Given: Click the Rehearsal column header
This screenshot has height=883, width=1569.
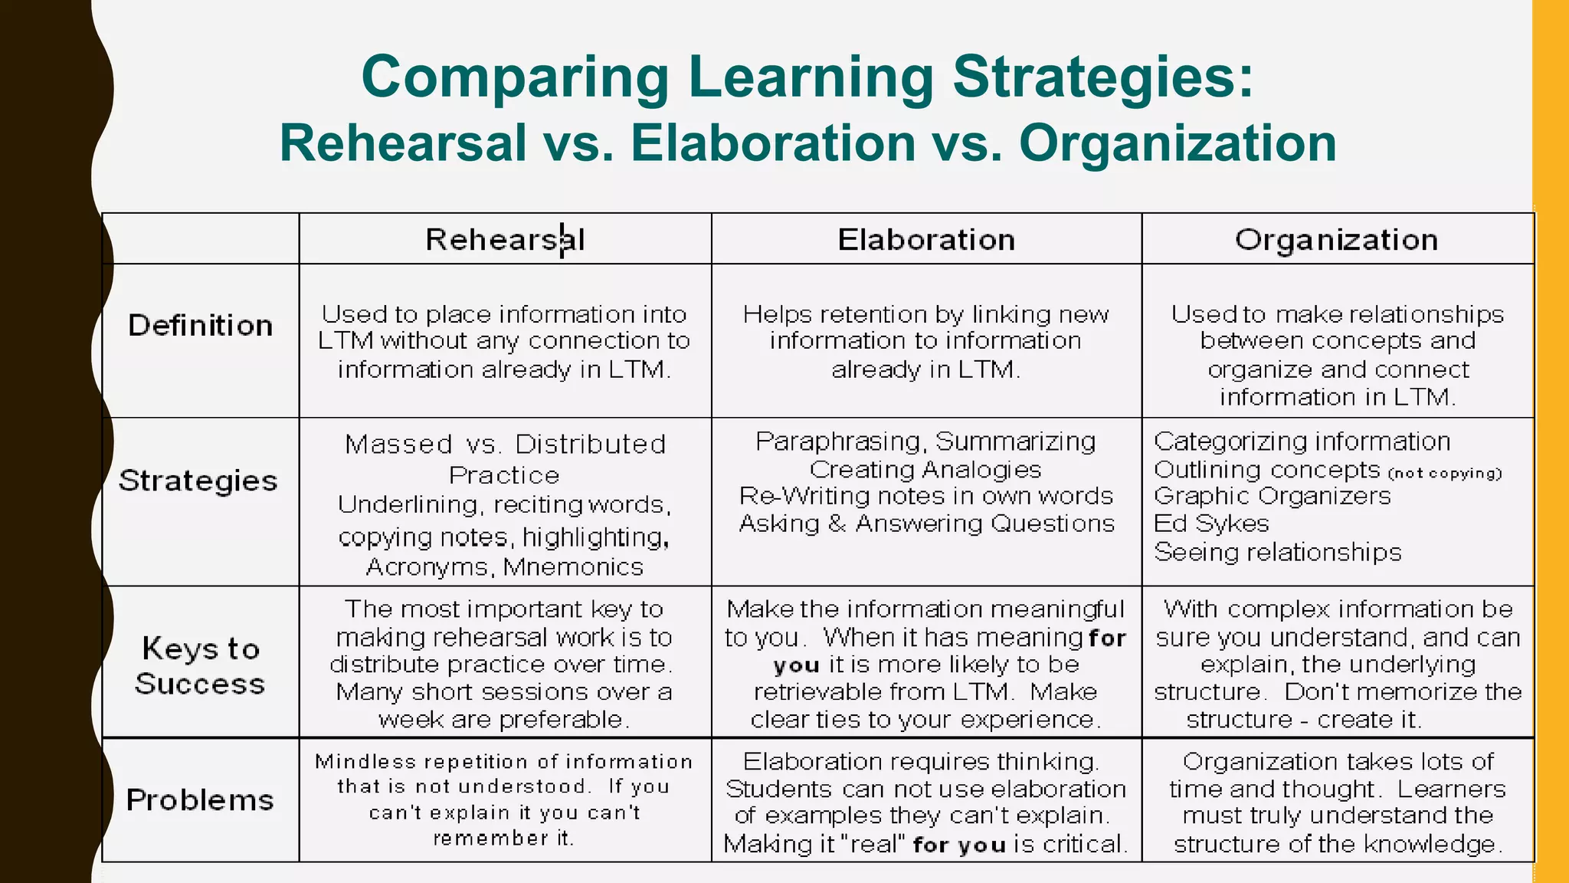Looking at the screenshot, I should pos(505,240).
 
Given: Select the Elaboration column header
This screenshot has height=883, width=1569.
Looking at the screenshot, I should pos(926,240).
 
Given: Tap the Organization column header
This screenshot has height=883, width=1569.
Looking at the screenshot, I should pos(1336,240).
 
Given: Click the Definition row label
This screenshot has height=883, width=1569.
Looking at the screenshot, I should pos(200,326).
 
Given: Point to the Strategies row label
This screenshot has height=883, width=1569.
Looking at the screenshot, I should pos(198,481).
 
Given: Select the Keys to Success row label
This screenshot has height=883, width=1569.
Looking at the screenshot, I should pos(200,665).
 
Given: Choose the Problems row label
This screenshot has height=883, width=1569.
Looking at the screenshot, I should pos(200,800).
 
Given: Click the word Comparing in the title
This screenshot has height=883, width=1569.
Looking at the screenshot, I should pos(515,77).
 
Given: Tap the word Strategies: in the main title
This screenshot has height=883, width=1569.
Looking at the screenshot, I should pos(1103,77).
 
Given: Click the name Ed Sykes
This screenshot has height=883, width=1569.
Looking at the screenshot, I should pos(1211,524).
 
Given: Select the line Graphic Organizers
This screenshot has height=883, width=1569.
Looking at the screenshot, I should pos(1272,496).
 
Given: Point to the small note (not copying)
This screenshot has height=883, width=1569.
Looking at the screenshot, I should pos(1445,473).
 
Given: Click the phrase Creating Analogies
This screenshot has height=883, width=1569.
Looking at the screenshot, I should pos(925,469).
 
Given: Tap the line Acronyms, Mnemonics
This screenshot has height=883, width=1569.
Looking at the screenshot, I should pos(505,567).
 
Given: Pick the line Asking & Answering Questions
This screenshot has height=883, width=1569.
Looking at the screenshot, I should pos(926,524).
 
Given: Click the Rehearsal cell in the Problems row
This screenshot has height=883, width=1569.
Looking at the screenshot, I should pos(505,799).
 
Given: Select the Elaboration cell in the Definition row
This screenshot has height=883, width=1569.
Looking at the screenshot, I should pos(926,342).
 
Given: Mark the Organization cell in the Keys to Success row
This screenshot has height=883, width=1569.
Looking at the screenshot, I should pos(1338,664).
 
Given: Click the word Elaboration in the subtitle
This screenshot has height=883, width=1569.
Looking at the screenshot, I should pos(773,143).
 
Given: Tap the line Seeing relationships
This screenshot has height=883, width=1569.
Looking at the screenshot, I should pos(1277,552).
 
